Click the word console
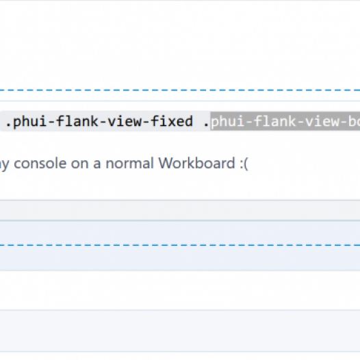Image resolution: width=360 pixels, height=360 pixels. click(40, 164)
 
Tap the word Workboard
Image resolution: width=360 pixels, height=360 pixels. click(197, 163)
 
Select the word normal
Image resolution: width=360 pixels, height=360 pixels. click(129, 163)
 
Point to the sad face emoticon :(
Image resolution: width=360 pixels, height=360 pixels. click(244, 164)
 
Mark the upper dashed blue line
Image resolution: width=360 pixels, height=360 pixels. click(180, 90)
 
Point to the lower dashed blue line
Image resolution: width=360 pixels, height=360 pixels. click(180, 245)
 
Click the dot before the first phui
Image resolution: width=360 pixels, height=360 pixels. click(8, 125)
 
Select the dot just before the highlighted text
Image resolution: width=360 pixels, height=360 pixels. click(206, 125)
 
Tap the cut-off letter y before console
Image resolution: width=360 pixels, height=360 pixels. click(4, 165)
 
